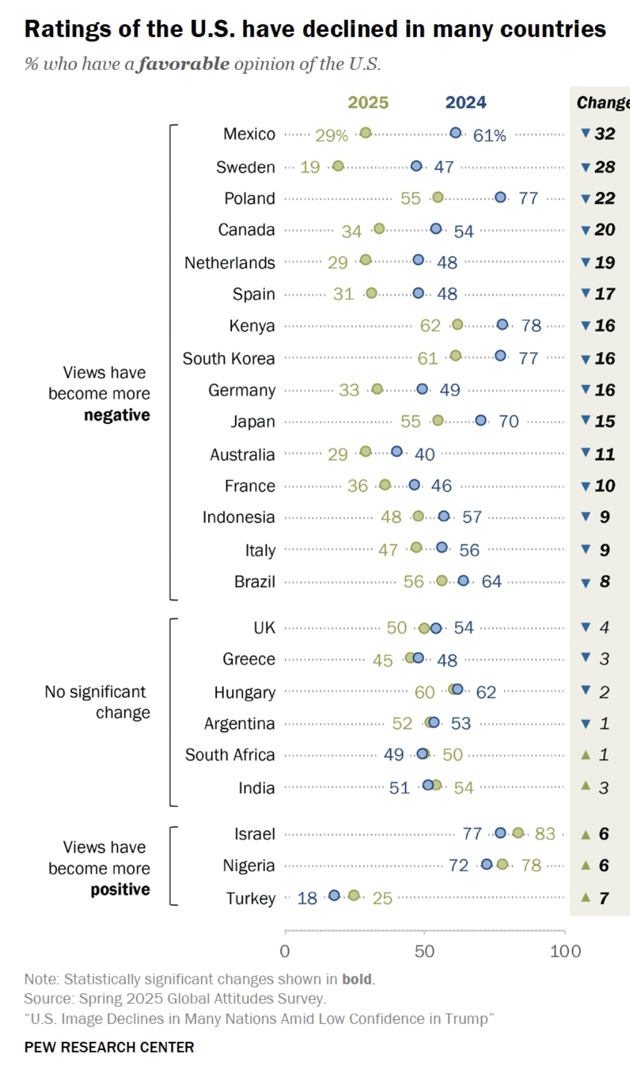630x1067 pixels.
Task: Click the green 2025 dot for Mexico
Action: click(366, 133)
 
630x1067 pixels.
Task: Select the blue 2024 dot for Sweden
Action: click(417, 166)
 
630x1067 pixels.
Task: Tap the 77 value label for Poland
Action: click(528, 198)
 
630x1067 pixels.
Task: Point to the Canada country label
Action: click(246, 230)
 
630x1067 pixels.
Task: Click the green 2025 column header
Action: click(368, 103)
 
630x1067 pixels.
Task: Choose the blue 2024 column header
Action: click(466, 103)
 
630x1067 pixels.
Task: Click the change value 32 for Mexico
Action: click(605, 134)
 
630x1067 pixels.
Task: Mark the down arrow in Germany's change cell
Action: click(586, 389)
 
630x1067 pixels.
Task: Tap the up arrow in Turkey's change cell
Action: click(586, 898)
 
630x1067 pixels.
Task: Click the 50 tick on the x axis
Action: click(424, 951)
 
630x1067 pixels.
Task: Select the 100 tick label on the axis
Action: click(565, 951)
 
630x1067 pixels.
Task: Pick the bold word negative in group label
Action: click(117, 415)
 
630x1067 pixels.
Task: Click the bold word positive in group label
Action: click(120, 889)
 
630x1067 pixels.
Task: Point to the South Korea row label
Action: click(228, 359)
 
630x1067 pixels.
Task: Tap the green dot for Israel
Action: click(518, 833)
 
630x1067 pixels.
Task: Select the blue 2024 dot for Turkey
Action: click(334, 896)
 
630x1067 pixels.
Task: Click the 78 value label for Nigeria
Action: click(531, 865)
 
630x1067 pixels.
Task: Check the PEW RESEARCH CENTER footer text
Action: click(109, 1047)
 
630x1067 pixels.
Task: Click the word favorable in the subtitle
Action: click(184, 64)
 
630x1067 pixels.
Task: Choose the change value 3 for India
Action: click(604, 788)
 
